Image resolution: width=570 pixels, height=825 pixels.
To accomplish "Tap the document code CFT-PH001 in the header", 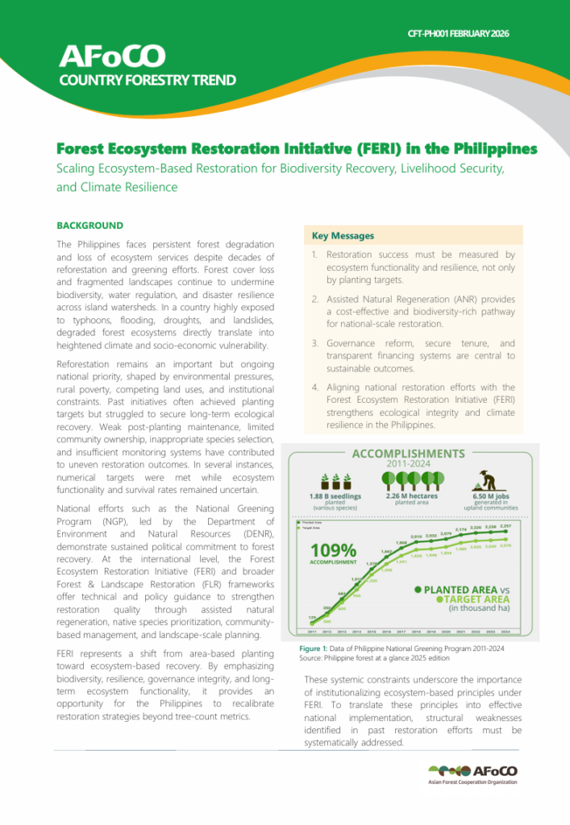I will (x=435, y=34).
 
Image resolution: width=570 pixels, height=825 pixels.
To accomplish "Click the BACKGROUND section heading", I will (x=89, y=226).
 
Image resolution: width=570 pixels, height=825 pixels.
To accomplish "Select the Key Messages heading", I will (x=343, y=236).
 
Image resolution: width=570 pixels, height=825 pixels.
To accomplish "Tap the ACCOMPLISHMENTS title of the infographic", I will (x=410, y=454).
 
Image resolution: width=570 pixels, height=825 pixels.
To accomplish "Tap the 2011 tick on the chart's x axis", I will (x=312, y=632).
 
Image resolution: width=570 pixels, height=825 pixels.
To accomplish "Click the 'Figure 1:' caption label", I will (x=317, y=648).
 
